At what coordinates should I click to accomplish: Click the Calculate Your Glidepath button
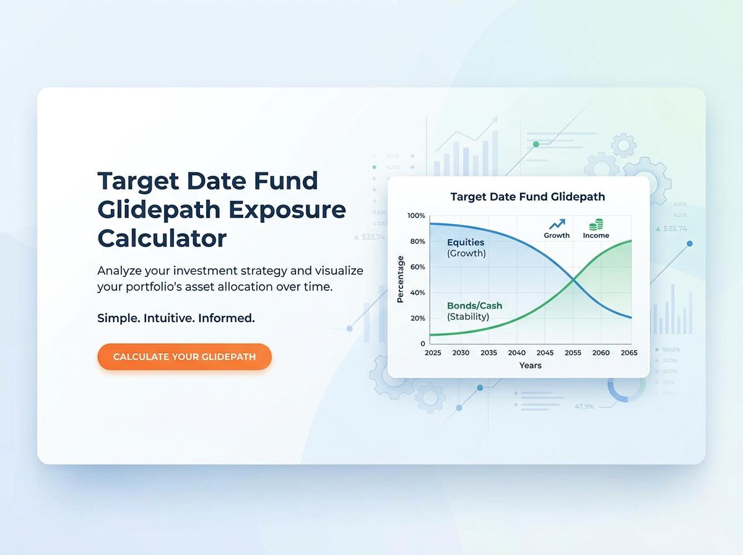pyautogui.click(x=185, y=357)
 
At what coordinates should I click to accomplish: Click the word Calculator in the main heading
pyautogui.click(x=162, y=238)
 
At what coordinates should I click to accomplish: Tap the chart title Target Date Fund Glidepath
pyautogui.click(x=528, y=197)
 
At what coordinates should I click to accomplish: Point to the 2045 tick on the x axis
pyautogui.click(x=545, y=352)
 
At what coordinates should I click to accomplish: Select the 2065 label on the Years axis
pyautogui.click(x=628, y=352)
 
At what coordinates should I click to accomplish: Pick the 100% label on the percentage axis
pyautogui.click(x=417, y=216)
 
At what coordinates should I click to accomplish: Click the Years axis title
pyautogui.click(x=531, y=365)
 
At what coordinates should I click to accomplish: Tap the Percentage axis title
pyautogui.click(x=400, y=279)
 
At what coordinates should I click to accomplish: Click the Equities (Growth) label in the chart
pyautogui.click(x=466, y=248)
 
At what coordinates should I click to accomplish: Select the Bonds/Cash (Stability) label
pyautogui.click(x=474, y=311)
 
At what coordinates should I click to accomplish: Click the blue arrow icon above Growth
pyautogui.click(x=557, y=224)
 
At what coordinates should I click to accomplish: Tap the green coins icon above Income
pyautogui.click(x=596, y=224)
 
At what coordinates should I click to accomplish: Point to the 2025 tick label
pyautogui.click(x=433, y=352)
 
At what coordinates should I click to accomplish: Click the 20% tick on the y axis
pyautogui.click(x=418, y=318)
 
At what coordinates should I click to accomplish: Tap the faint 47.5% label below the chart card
pyautogui.click(x=584, y=406)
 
